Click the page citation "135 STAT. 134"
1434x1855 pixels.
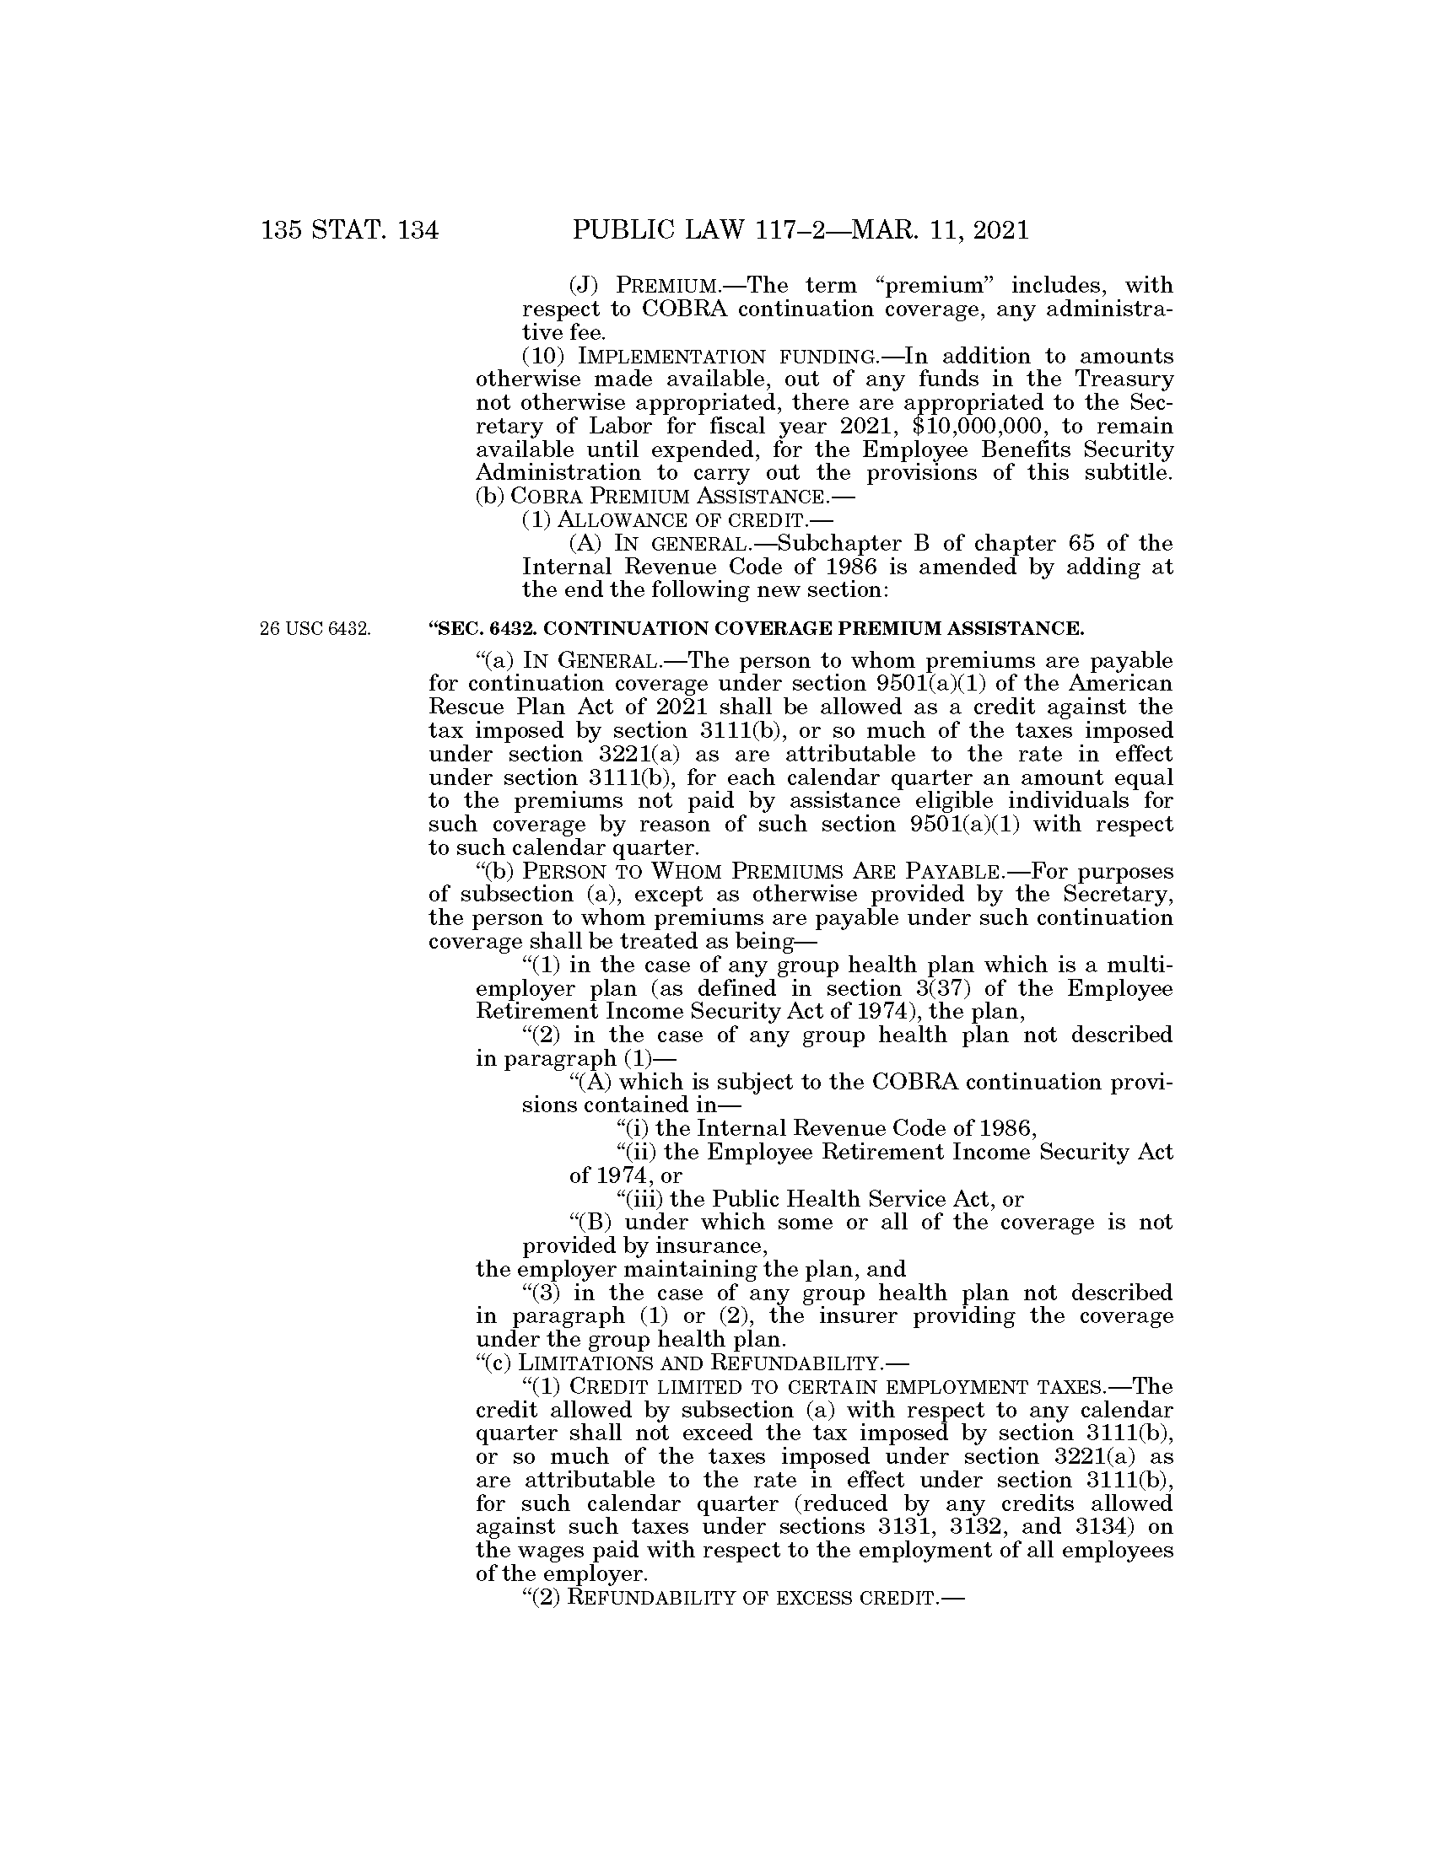coord(350,230)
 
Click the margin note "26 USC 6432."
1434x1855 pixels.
coord(315,629)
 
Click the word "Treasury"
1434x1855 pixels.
coord(1124,379)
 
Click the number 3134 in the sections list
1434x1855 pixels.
coord(1107,1526)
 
